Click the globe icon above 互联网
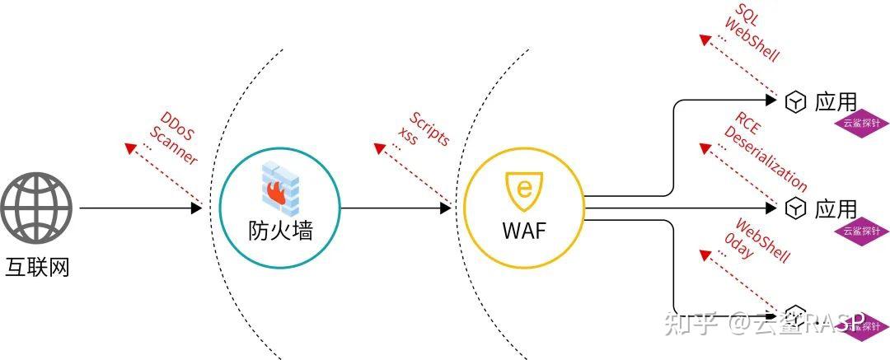pos(36,207)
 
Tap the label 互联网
pos(36,267)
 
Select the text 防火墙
pos(280,231)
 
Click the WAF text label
pos(524,231)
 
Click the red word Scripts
pos(429,127)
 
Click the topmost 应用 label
pos(836,102)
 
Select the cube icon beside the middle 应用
pos(794,208)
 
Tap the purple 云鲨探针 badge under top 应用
pos(861,124)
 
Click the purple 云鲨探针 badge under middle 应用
pos(861,231)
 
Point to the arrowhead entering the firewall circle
pos(196,208)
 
